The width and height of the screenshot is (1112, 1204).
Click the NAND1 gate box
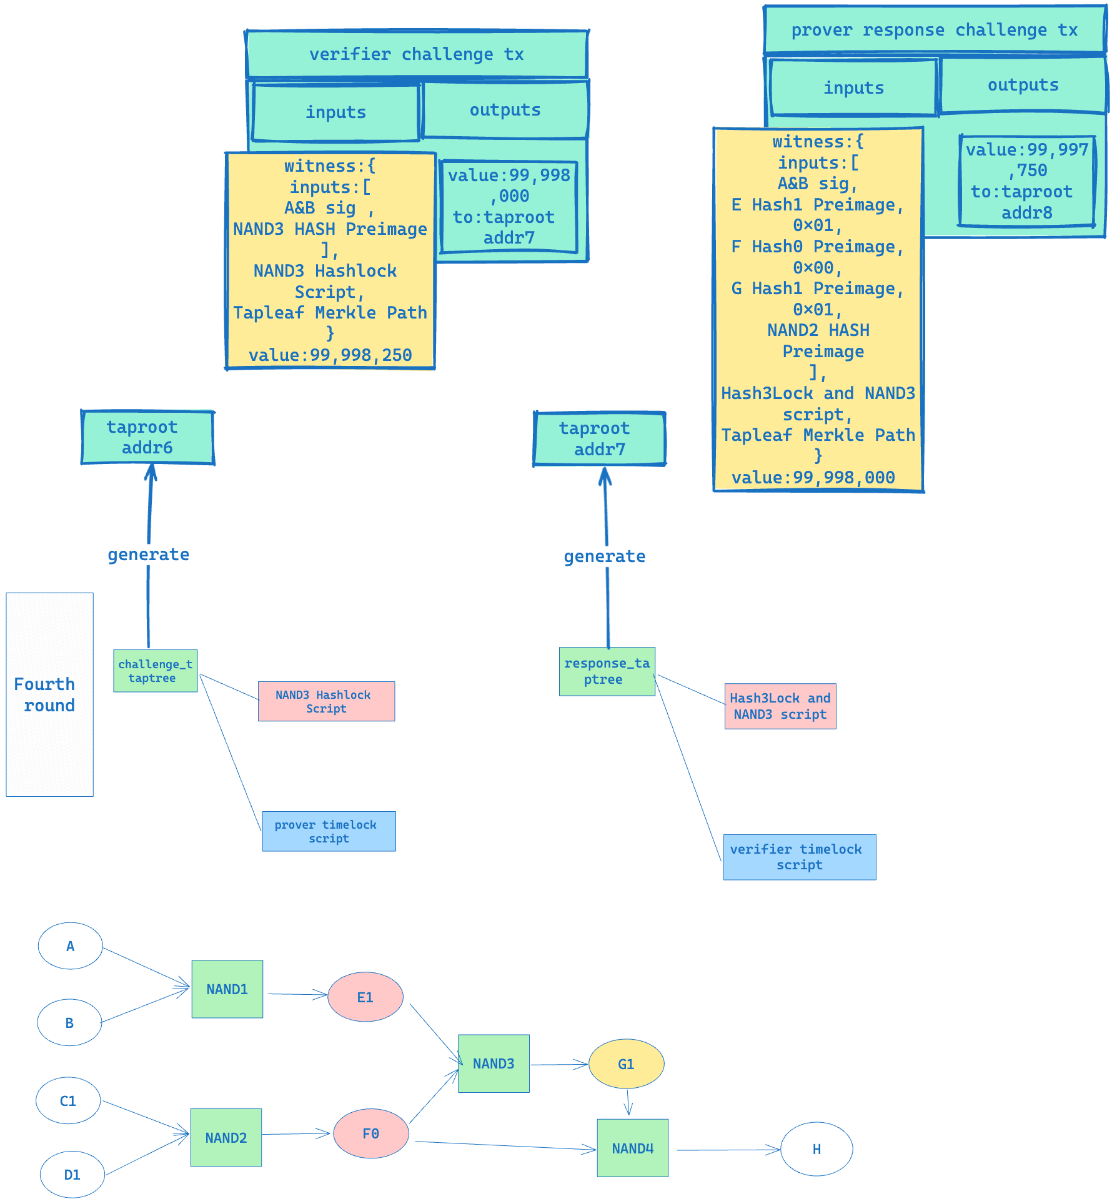click(227, 989)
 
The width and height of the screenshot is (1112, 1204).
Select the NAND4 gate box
click(632, 1148)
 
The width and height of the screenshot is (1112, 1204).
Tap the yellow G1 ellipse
click(626, 1064)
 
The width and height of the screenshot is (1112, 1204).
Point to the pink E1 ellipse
click(365, 997)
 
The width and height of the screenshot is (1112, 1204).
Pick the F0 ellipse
click(371, 1133)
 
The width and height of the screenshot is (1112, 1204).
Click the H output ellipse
click(817, 1149)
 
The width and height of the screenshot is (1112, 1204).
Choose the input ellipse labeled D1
click(72, 1175)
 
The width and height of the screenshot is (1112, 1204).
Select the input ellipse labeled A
click(70, 946)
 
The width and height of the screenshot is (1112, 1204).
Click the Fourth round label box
click(49, 694)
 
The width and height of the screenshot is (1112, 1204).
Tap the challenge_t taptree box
click(155, 671)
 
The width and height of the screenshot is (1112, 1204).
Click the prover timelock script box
click(329, 831)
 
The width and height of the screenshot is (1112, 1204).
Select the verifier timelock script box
click(799, 857)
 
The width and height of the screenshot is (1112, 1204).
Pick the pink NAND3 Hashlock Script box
click(326, 701)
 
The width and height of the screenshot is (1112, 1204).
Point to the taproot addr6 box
click(147, 437)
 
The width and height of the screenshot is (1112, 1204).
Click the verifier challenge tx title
click(417, 54)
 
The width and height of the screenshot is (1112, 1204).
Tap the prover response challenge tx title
click(934, 30)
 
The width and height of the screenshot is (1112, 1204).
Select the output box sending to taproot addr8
click(1027, 181)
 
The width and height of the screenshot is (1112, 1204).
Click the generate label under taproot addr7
click(604, 556)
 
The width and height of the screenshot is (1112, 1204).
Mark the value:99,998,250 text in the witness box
click(330, 355)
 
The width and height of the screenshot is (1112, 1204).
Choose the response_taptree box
click(607, 671)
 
